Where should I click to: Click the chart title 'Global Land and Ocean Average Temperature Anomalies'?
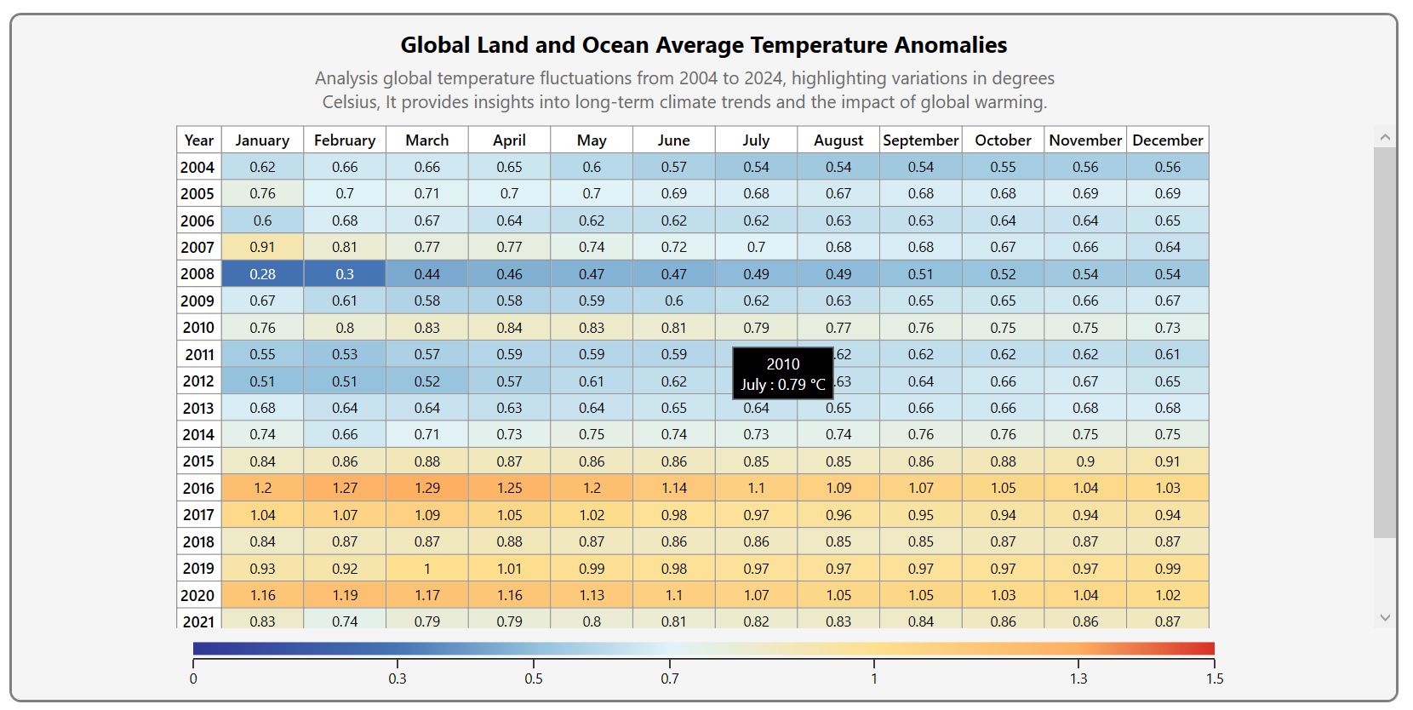703,45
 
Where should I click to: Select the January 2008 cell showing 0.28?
262,274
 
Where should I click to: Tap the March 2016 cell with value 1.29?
426,488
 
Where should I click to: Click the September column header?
920,140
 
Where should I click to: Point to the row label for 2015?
198,461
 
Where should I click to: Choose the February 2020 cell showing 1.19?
345,595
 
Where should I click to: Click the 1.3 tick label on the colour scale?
1078,679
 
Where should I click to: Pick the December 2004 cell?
1167,167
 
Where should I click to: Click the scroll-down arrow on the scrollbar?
1385,618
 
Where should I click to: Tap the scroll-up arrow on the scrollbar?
1385,137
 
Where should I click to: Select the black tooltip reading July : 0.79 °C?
783,374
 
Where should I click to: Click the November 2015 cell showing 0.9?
1085,461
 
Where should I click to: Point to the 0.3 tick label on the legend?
398,679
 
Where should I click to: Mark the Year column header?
199,140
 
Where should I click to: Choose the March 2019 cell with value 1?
426,569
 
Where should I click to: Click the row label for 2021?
198,621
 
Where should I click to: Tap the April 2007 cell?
509,247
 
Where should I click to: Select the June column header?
673,140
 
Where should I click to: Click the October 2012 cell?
1003,381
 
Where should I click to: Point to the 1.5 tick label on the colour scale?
1215,679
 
